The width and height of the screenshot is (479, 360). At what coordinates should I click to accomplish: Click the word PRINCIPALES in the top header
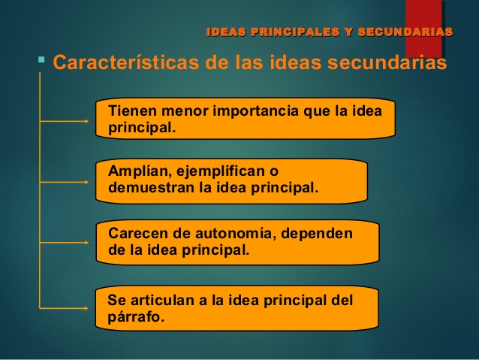pyautogui.click(x=294, y=32)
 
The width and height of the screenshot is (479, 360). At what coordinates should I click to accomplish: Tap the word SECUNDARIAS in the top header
pyautogui.click(x=405, y=32)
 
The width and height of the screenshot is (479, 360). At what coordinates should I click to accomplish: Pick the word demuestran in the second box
pyautogui.click(x=151, y=187)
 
